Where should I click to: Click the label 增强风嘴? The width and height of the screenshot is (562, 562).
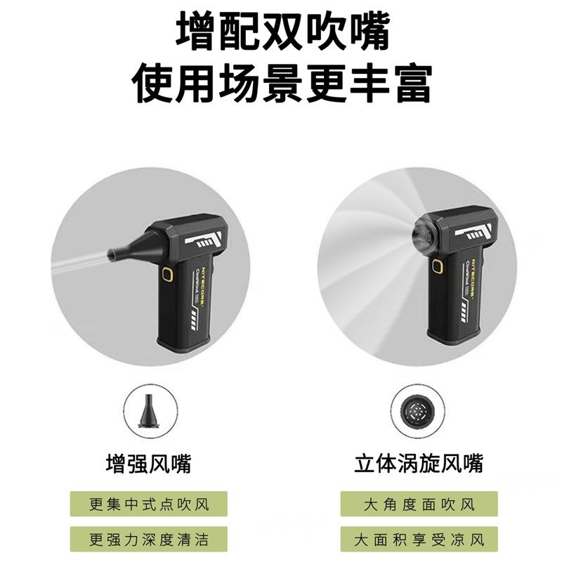click(x=148, y=464)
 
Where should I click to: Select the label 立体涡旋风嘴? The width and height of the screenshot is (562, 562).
click(x=419, y=464)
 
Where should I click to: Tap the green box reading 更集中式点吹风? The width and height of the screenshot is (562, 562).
click(x=149, y=504)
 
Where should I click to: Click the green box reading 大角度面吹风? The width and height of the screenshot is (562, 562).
click(x=419, y=504)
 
